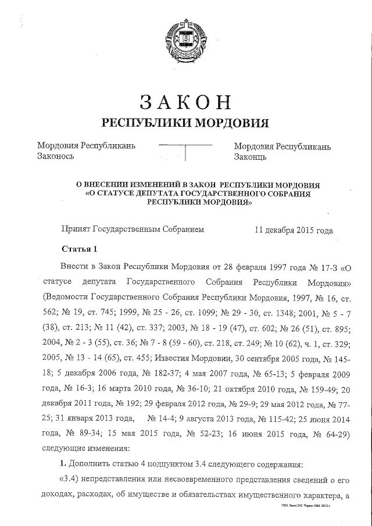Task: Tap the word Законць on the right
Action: point(251,157)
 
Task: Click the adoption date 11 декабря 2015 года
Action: point(294,230)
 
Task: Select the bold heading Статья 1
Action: point(78,250)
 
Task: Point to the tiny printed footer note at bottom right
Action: point(310,506)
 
